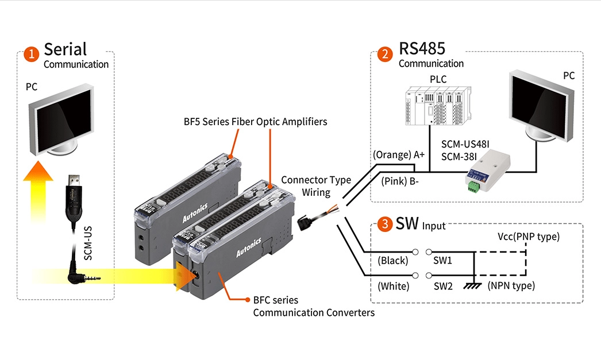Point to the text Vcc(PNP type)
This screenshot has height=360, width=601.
[528, 237]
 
